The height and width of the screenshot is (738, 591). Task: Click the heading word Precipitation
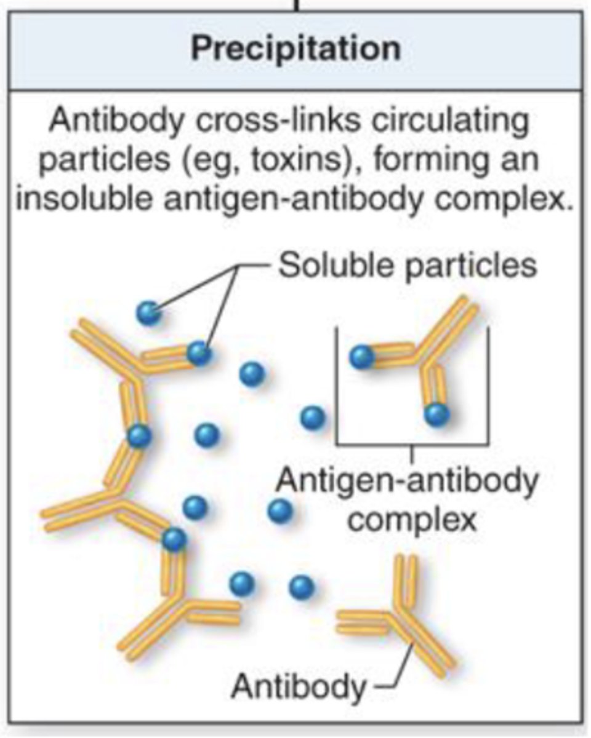(295, 49)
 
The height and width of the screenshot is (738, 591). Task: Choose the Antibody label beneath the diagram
(297, 686)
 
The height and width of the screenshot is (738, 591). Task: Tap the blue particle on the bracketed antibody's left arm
(362, 357)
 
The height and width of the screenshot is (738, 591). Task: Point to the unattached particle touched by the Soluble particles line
(149, 312)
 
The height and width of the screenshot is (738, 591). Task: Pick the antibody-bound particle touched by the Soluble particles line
(199, 352)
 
